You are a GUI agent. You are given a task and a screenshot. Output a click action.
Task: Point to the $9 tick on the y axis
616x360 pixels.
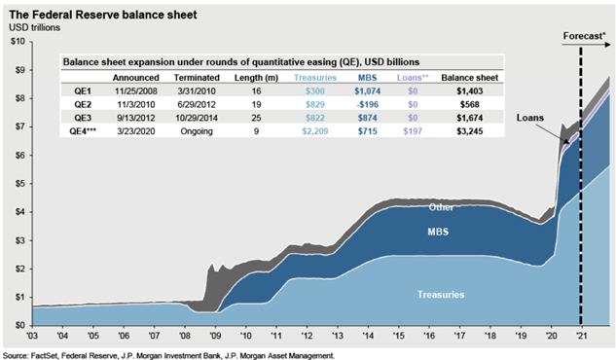click(x=18, y=70)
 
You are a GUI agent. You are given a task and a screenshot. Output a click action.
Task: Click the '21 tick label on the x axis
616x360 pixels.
click(x=580, y=334)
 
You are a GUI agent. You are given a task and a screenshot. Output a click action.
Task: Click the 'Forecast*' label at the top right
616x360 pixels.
click(x=584, y=38)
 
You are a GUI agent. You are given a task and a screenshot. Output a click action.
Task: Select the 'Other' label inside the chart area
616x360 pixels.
click(x=442, y=206)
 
